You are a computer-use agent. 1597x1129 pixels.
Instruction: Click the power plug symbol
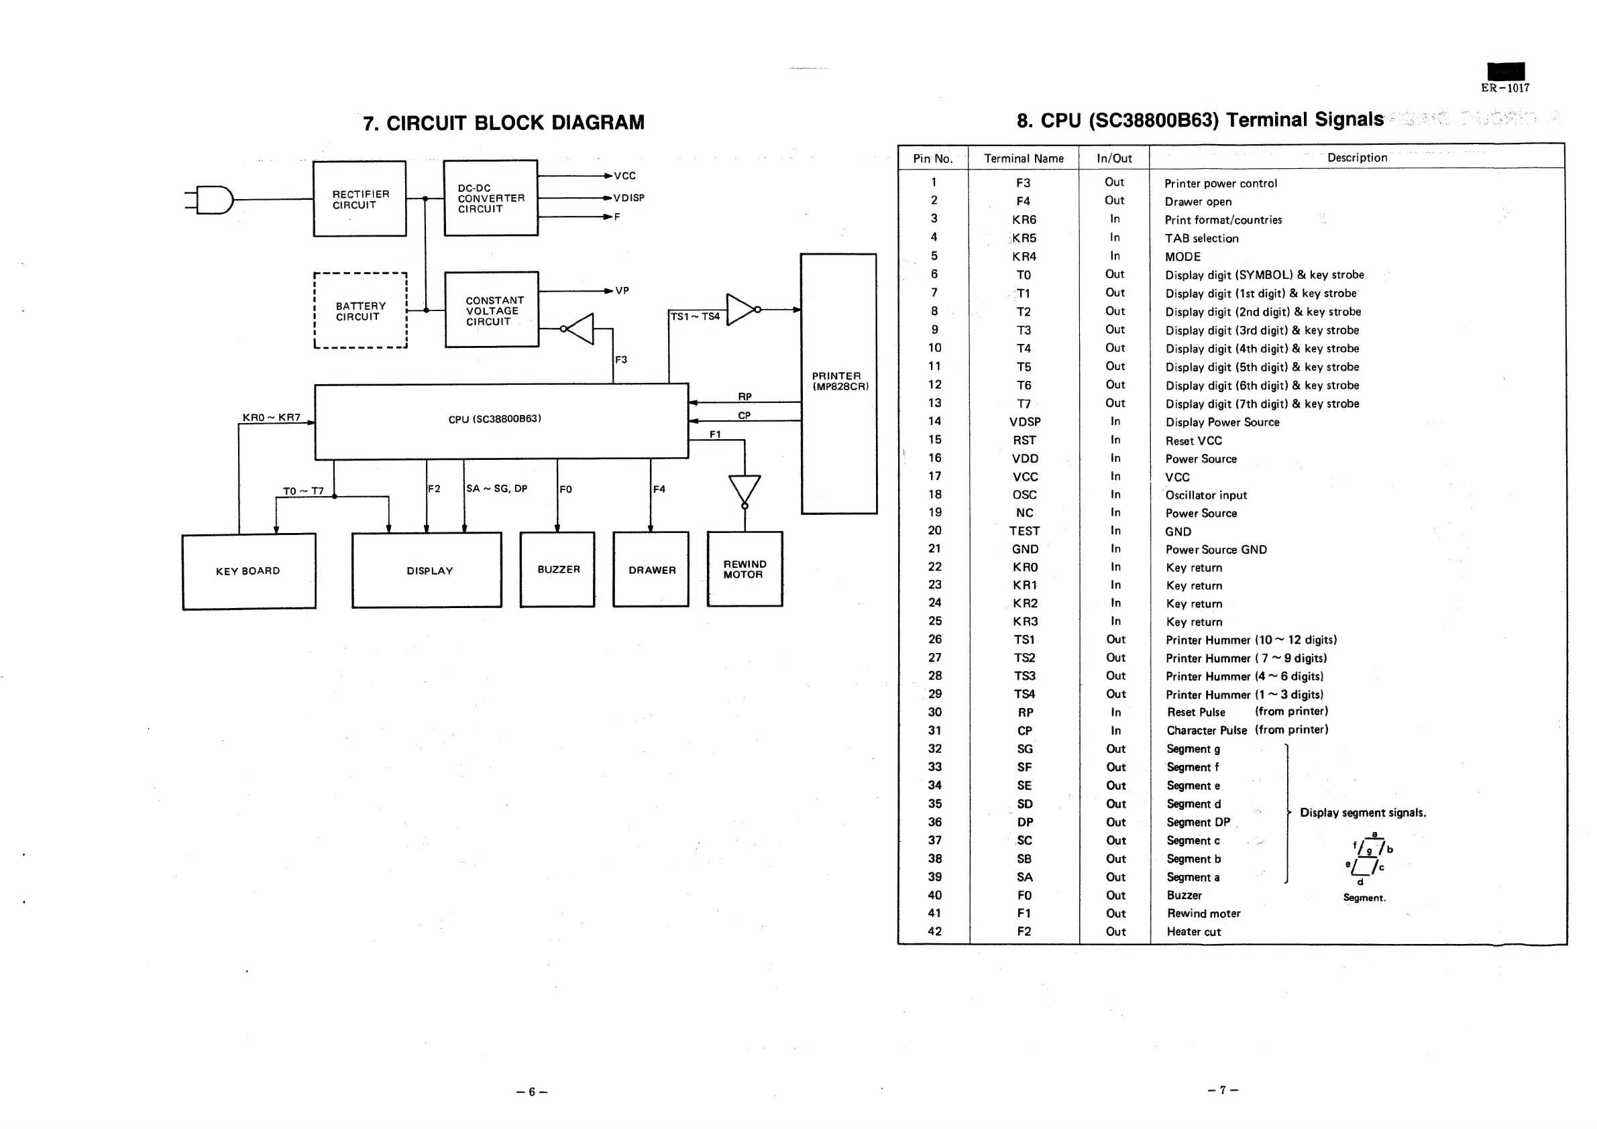click(x=209, y=200)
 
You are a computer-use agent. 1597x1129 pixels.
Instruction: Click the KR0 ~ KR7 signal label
click(x=271, y=418)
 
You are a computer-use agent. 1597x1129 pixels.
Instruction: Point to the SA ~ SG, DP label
click(x=496, y=489)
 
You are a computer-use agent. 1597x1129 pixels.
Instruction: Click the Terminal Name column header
click(x=1024, y=158)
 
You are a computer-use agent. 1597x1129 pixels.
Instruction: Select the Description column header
click(x=1357, y=158)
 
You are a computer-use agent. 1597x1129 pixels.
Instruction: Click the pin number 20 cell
click(x=935, y=530)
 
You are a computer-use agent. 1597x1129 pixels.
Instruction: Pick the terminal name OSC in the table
click(x=1025, y=495)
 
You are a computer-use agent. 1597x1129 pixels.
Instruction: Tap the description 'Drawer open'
click(x=1199, y=202)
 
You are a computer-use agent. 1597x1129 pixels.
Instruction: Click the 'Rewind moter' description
click(x=1204, y=914)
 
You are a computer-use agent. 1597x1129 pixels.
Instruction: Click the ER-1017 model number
click(x=1505, y=88)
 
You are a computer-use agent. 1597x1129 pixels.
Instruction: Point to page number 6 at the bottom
click(x=532, y=1091)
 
